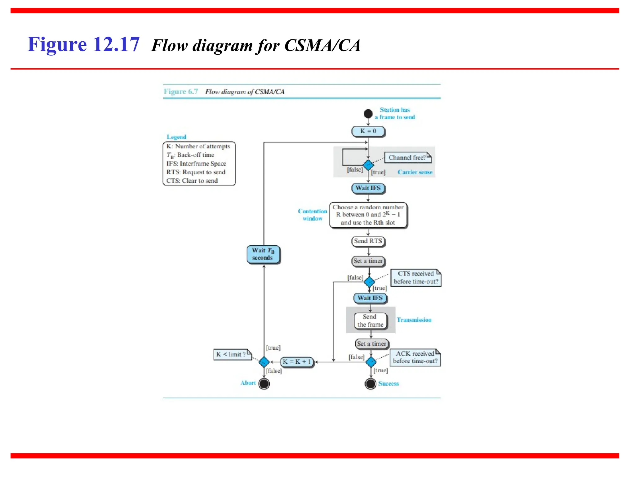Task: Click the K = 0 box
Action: pos(368,131)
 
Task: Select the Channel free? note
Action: pos(407,157)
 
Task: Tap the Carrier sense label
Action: pos(415,172)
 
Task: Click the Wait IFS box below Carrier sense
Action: pos(368,188)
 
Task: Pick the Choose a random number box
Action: pos(368,215)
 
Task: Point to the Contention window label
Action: pos(313,215)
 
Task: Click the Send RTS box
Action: pos(368,241)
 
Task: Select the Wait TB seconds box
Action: pos(263,254)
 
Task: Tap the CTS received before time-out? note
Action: pos(415,278)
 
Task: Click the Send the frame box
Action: pos(370,320)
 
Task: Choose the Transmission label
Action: pos(414,320)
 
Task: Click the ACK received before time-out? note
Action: pos(415,357)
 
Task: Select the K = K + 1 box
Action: pos(297,362)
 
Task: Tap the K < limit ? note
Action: pos(232,354)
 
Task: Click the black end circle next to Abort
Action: pos(264,384)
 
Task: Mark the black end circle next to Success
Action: pos(371,384)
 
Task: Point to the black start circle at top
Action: pos(368,114)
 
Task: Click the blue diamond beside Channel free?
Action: pos(368,165)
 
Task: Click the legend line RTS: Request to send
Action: pos(196,172)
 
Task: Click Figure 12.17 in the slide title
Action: pos(83,44)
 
